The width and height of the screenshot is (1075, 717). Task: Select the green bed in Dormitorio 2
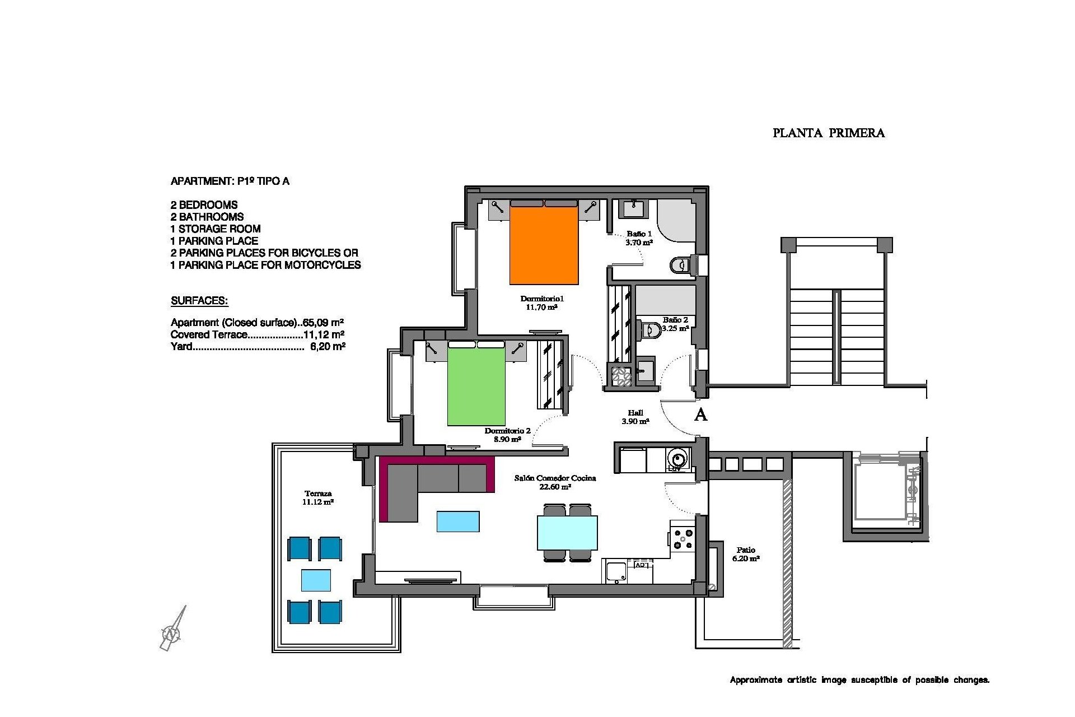coord(476,387)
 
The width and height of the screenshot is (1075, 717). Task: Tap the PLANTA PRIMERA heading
coord(828,133)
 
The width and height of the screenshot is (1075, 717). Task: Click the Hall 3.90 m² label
coord(635,417)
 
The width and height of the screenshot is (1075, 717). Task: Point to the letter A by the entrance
coord(700,415)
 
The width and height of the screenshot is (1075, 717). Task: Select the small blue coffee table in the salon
coord(457,521)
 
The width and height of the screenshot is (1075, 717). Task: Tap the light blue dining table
coord(567,533)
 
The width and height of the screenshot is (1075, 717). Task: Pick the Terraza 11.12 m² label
coord(318,498)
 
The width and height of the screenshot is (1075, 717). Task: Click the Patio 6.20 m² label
coord(746,554)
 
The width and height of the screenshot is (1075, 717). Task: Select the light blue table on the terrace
coord(316,580)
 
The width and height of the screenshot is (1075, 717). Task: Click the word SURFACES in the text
coord(199,301)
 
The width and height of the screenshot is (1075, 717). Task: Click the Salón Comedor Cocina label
coord(555,482)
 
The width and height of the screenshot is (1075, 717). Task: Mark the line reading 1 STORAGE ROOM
coord(216,229)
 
